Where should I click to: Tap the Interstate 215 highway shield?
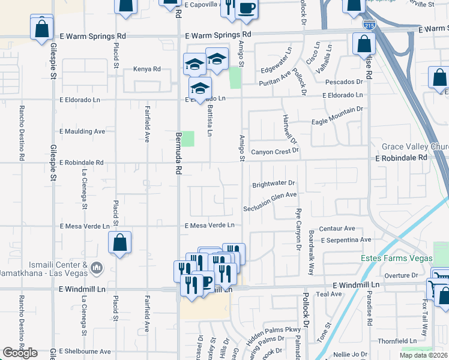(370, 26)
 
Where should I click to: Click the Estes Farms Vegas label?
(396, 258)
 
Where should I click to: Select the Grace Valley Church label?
(415, 146)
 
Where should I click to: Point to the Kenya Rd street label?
(147, 69)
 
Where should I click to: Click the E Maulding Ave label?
(82, 131)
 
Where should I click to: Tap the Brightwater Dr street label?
(274, 184)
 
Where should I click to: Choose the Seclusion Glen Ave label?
(270, 202)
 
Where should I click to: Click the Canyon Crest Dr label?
(274, 151)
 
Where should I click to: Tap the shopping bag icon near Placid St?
(120, 243)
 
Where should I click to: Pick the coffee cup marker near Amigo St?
(246, 8)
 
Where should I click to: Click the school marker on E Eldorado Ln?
(200, 88)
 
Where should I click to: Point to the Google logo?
(20, 353)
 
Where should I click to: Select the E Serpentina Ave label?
(347, 240)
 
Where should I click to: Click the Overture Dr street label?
(400, 275)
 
